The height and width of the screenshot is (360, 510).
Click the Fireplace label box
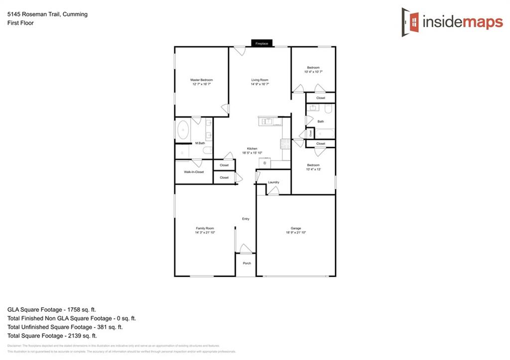[262, 44]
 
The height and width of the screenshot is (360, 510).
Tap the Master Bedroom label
[202, 80]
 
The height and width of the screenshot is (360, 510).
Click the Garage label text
[296, 229]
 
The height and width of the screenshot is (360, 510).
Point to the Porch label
[247, 263]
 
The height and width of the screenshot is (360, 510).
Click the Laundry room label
[273, 182]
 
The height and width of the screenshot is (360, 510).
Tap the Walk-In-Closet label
[194, 172]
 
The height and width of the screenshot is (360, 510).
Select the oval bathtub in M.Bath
[183, 131]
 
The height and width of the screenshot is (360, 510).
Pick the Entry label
[246, 219]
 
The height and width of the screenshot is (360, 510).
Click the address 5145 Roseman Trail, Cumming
[47, 14]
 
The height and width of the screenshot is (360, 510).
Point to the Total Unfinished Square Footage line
[65, 327]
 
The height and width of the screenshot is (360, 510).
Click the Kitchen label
[253, 149]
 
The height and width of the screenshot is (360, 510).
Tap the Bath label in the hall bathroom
[321, 121]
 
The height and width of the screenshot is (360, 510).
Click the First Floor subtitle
[20, 23]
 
